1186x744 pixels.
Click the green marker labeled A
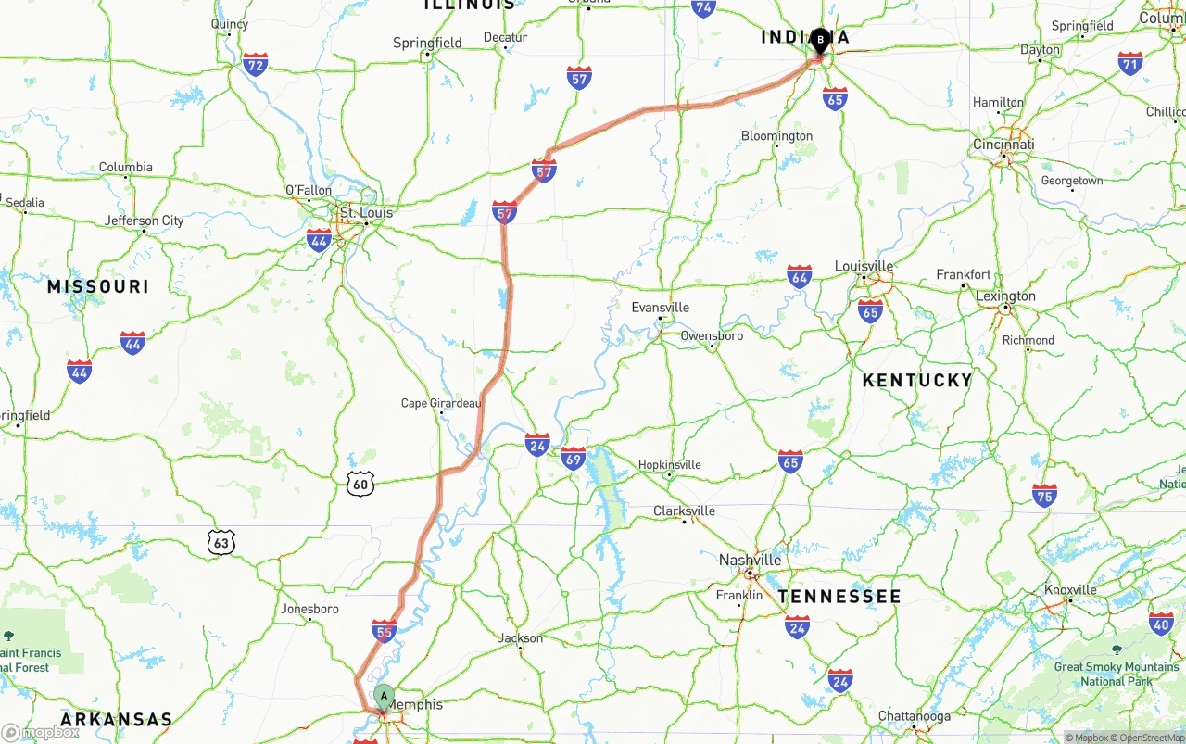click(384, 697)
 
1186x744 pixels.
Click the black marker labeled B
click(820, 40)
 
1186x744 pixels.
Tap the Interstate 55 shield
click(384, 631)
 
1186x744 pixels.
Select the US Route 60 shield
click(360, 483)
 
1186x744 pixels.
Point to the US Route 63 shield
click(221, 543)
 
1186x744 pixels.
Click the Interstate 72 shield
click(255, 64)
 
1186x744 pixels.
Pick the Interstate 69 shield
click(574, 458)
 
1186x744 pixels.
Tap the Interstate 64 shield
click(800, 275)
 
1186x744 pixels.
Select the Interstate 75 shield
click(1045, 495)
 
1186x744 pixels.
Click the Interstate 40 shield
click(1161, 623)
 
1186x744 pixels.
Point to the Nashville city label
click(750, 560)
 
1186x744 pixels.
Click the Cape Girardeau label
click(441, 403)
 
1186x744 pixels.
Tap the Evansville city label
click(660, 308)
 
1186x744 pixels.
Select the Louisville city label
click(864, 266)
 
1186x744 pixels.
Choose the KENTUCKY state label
click(916, 380)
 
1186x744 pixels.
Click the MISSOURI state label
click(98, 287)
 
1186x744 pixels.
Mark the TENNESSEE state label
click(839, 597)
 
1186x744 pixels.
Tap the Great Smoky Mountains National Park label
click(1116, 674)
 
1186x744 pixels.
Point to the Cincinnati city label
click(1003, 145)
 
